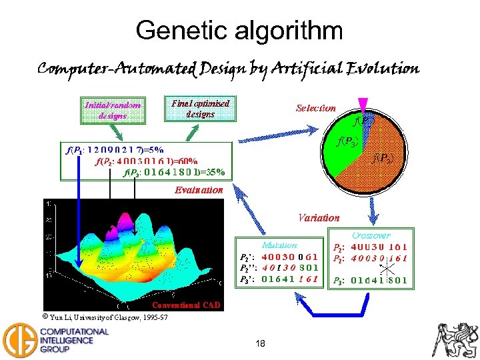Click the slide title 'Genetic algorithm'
239,30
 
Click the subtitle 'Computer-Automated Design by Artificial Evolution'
228,69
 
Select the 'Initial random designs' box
113,110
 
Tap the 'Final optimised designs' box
200,109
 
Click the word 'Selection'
315,108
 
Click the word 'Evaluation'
199,191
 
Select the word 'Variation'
318,217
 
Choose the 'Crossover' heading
371,236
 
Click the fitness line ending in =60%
147,161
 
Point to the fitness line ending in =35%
175,171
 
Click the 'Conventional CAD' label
185,305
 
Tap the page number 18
260,343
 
